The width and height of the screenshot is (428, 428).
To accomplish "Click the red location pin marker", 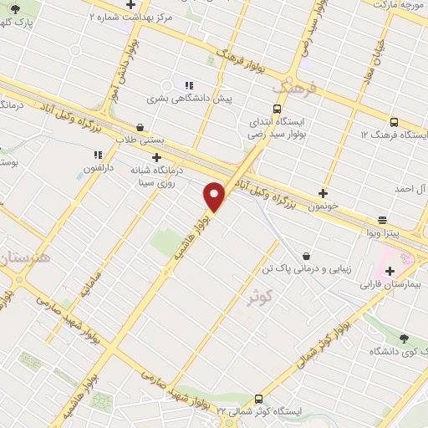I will coord(215,196).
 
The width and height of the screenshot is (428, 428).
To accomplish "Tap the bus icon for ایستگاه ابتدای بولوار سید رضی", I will coord(277,108).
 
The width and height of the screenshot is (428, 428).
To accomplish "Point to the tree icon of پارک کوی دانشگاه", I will coord(404,339).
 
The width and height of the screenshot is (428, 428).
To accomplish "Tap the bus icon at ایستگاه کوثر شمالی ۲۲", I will coord(257,400).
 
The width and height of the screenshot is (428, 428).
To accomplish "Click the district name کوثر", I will coord(262,296).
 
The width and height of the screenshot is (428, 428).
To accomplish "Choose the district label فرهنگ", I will coord(292,87).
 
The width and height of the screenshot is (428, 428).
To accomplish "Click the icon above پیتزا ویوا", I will coord(382,221).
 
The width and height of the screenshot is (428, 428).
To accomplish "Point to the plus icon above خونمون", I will coord(323,193).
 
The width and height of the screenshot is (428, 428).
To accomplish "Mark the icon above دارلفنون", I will coord(98,155).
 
